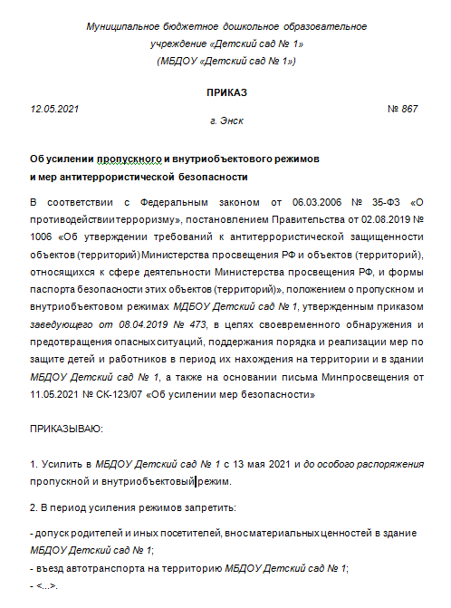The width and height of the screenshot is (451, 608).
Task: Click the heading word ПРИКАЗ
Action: (226, 92)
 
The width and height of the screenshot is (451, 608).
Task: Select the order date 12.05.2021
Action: (55, 109)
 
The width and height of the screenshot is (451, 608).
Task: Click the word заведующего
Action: (61, 300)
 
